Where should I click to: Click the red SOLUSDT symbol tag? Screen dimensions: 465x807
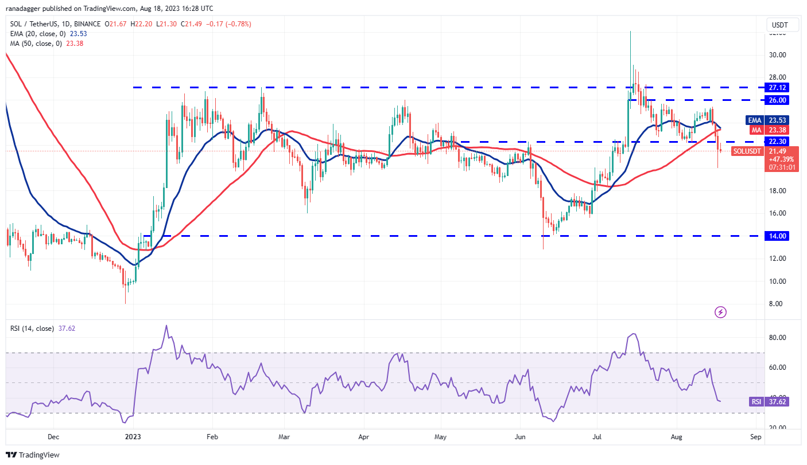pos(747,151)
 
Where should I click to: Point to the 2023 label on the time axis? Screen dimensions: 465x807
pos(133,437)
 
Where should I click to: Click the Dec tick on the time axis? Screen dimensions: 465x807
pos(53,437)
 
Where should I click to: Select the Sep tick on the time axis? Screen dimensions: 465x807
pos(755,437)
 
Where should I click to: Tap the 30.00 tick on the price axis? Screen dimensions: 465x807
pos(777,55)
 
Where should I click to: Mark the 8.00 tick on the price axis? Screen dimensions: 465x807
pos(777,304)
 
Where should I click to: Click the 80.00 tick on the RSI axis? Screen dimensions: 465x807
pos(777,338)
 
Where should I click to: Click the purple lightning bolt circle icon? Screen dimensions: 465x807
pos(721,312)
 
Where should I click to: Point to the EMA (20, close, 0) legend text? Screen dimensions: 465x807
pos(37,34)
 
